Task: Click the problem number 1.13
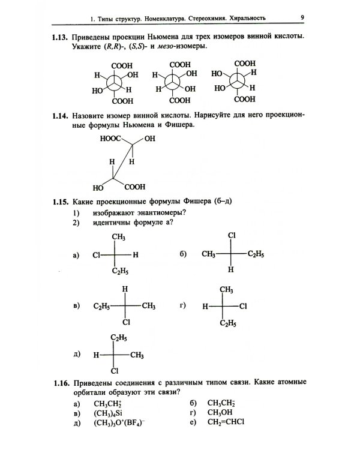[60, 37]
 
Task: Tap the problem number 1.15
[60, 202]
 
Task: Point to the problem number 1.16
[60, 382]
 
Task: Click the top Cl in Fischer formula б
[231, 236]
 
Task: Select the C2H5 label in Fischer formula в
[101, 307]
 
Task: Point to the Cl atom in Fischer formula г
[243, 306]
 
